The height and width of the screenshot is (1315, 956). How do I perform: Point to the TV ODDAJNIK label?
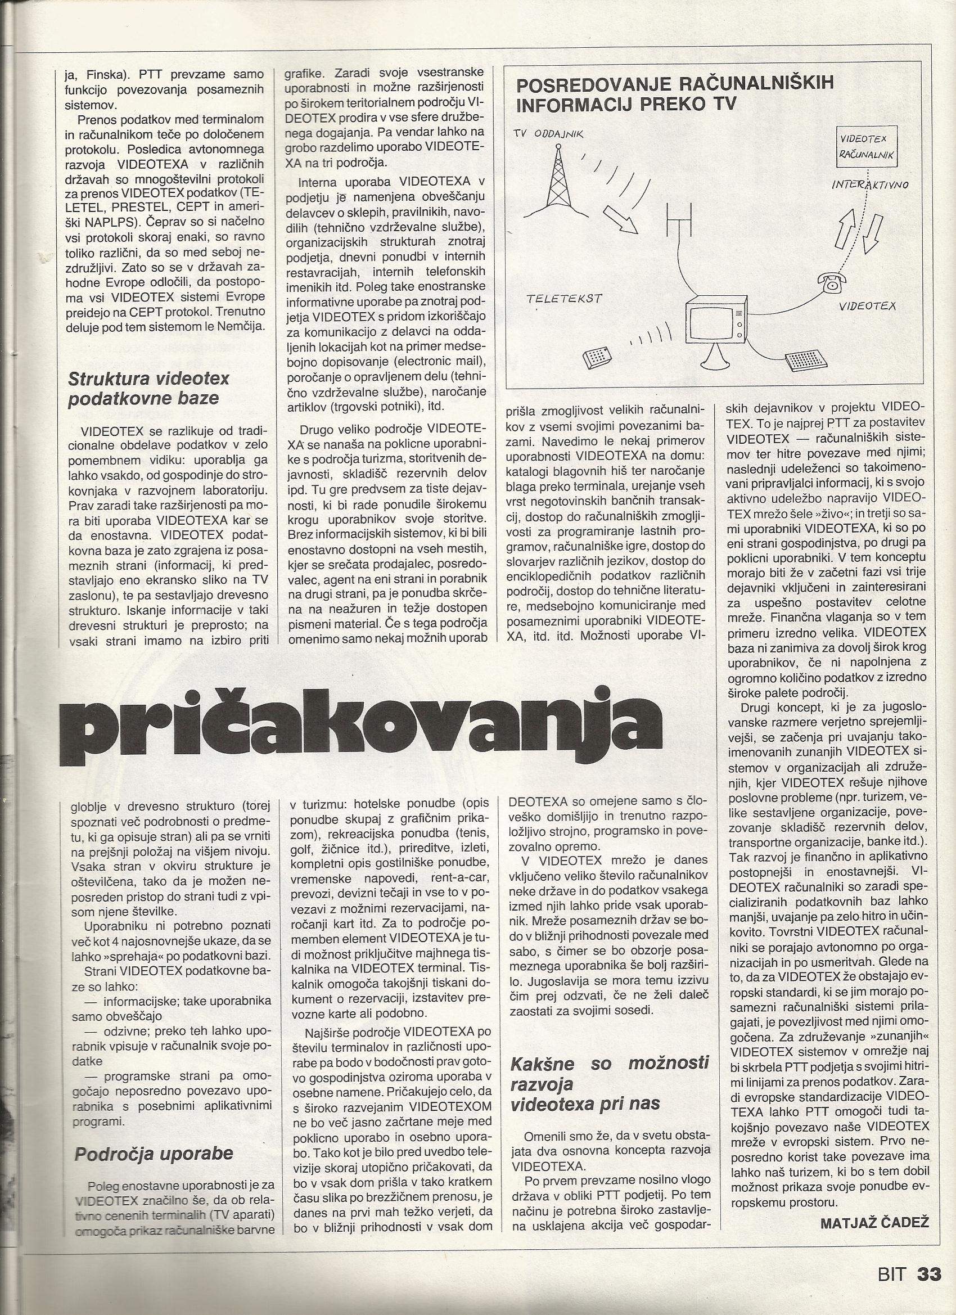[x=548, y=134]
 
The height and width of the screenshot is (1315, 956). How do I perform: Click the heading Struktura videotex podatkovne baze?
[x=148, y=389]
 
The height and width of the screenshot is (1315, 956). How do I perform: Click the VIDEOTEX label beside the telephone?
[x=867, y=305]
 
